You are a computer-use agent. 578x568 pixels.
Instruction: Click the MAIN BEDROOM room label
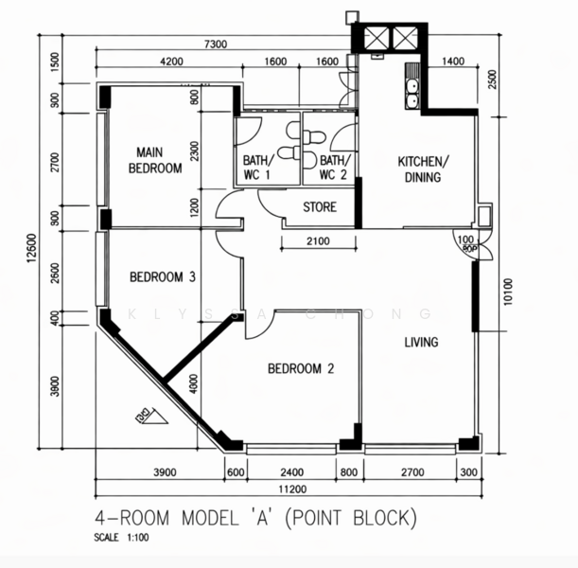(155, 160)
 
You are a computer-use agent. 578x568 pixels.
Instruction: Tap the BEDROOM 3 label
(162, 277)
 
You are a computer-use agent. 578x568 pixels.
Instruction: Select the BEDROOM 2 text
(300, 369)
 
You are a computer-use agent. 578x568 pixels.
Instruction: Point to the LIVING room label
(421, 342)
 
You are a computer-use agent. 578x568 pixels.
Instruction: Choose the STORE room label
(319, 207)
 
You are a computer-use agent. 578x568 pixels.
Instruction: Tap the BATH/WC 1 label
(256, 168)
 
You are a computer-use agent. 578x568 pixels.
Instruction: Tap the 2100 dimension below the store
(318, 241)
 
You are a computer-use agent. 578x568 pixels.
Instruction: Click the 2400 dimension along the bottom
(291, 472)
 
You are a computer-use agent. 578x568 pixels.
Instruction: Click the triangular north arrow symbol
(149, 413)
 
